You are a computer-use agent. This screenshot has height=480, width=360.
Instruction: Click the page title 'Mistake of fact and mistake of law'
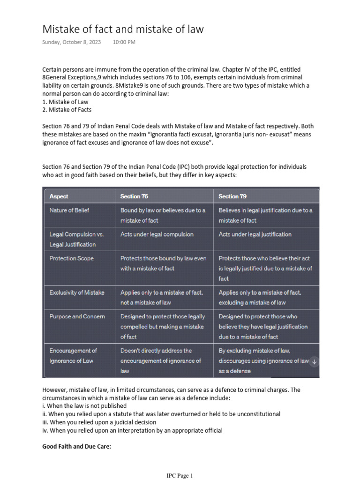pos(123,29)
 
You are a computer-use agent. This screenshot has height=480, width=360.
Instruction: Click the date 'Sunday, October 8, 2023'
pos(71,42)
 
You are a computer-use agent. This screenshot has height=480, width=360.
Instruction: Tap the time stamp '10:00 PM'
pos(124,42)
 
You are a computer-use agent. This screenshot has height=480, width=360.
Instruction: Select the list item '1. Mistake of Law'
pos(65,102)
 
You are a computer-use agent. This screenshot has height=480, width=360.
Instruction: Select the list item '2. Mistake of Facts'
pos(67,110)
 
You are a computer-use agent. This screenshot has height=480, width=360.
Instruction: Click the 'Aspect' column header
pos(59,196)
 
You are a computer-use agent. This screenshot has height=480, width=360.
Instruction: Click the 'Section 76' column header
pos(134,196)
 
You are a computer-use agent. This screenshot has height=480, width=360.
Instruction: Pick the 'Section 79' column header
pos(232,196)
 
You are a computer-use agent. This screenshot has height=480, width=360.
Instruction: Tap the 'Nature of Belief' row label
pos(69,210)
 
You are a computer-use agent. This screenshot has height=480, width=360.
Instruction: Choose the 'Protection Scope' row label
pos(71,258)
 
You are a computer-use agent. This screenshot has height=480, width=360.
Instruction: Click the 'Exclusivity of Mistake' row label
pos(77,292)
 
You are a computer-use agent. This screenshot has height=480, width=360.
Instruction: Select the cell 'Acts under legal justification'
pos(255,234)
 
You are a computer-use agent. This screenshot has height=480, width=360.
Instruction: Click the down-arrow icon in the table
pos(315,361)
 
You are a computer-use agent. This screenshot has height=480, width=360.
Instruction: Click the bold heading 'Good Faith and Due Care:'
pos(76,447)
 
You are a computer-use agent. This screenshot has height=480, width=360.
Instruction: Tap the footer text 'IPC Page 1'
pos(180,475)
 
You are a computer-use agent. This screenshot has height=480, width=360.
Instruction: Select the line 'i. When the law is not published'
pos(84,406)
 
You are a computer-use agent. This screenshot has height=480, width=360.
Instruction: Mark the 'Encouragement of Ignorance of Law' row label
pos(73,356)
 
